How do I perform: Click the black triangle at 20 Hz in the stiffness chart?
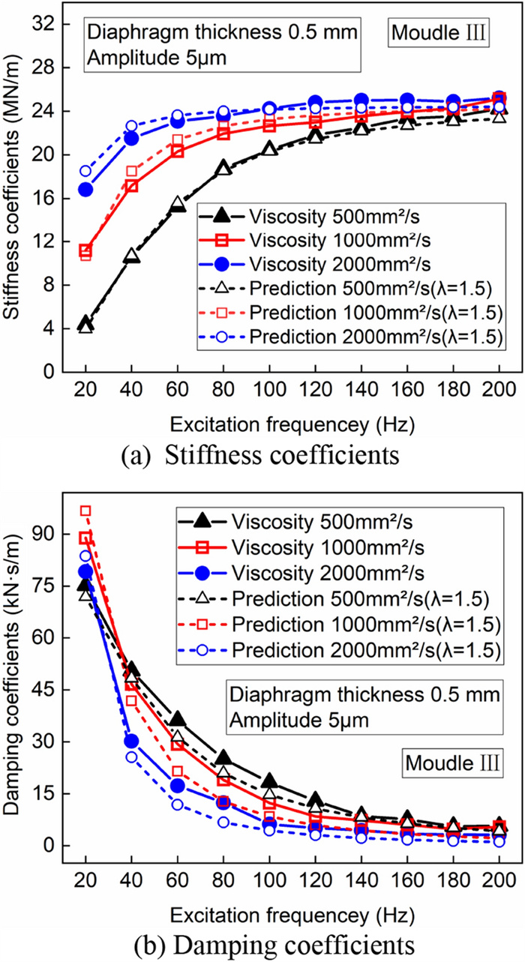click(x=85, y=324)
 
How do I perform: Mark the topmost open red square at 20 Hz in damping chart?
click(x=85, y=511)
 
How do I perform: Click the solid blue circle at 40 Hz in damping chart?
click(x=131, y=742)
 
